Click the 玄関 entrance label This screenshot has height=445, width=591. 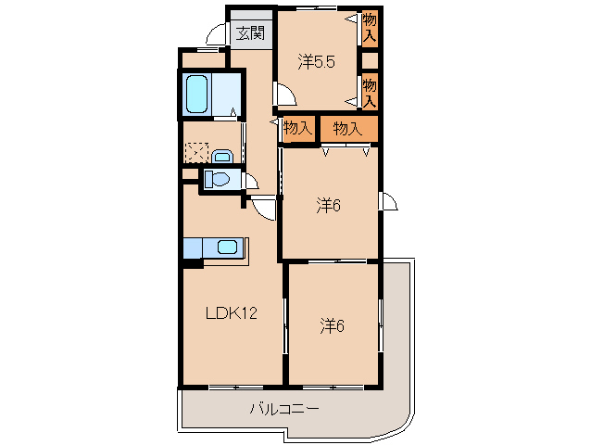[250, 34]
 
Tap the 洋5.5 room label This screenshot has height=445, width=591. [315, 62]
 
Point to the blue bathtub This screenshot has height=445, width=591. [196, 94]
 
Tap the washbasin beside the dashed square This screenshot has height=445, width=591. [221, 156]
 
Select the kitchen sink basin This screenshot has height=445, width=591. [228, 248]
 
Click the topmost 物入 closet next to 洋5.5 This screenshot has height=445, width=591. [370, 26]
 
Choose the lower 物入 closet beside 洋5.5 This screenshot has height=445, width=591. [370, 92]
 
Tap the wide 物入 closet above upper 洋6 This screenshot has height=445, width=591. [347, 129]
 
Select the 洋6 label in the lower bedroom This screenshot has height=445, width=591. [333, 325]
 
